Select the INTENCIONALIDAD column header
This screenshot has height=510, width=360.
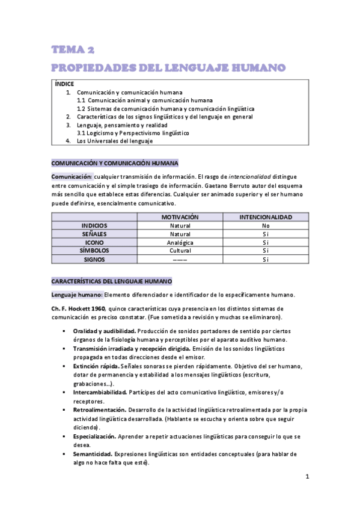pyautogui.click(x=265, y=217)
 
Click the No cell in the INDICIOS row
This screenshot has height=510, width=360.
pyautogui.click(x=265, y=225)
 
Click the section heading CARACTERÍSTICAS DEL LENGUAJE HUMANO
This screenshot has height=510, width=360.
pyautogui.click(x=111, y=281)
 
